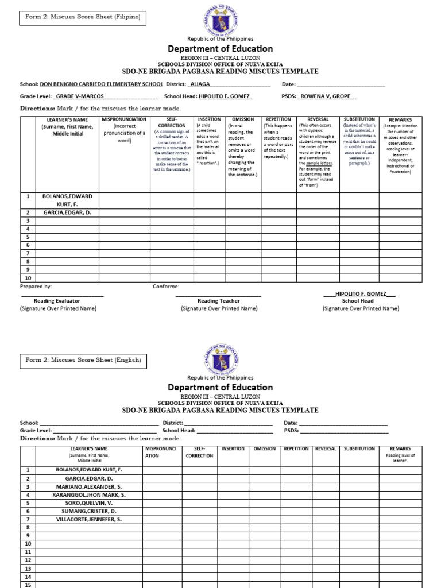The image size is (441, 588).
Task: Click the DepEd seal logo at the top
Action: coord(220,20)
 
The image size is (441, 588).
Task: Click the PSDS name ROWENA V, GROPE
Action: coord(328,97)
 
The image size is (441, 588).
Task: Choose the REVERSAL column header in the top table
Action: coord(318,119)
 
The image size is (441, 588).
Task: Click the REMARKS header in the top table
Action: coord(400,120)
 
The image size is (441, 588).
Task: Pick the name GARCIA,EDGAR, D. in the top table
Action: coord(67,212)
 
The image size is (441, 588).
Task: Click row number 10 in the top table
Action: coord(27,277)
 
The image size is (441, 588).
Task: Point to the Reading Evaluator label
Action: coord(57,301)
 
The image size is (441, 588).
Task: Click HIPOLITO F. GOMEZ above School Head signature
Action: coord(359,293)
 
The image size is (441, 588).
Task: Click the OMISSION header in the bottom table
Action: coord(265,449)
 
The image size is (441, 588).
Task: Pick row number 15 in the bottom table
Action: coord(27,585)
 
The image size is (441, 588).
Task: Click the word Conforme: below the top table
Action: coord(166,286)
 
